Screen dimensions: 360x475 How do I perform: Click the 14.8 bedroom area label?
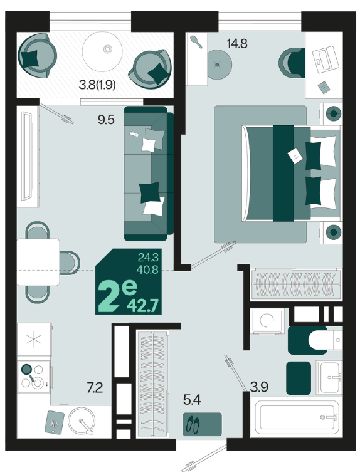pyautogui.click(x=237, y=44)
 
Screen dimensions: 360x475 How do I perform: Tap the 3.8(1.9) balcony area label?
pyautogui.click(x=97, y=85)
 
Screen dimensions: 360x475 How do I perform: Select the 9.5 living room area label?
pyautogui.click(x=106, y=120)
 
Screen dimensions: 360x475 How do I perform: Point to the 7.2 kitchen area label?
pyautogui.click(x=95, y=388)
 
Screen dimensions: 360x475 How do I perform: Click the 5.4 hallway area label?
pyautogui.click(x=192, y=400)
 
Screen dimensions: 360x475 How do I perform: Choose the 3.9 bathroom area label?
pyautogui.click(x=259, y=387)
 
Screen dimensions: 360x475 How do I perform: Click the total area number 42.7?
pyautogui.click(x=142, y=306)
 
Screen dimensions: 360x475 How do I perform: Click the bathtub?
pyautogui.click(x=296, y=417)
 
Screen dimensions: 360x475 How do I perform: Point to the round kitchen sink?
pyautogui.click(x=82, y=420)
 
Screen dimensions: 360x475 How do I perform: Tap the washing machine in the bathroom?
pyautogui.click(x=267, y=321)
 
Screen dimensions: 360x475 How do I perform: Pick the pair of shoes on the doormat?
pyautogui.click(x=193, y=424)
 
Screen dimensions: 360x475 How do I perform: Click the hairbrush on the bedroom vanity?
pyautogui.click(x=196, y=41)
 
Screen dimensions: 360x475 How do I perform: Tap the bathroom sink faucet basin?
pyautogui.click(x=329, y=377)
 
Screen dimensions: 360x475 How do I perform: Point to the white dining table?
pyautogui.click(x=38, y=262)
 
